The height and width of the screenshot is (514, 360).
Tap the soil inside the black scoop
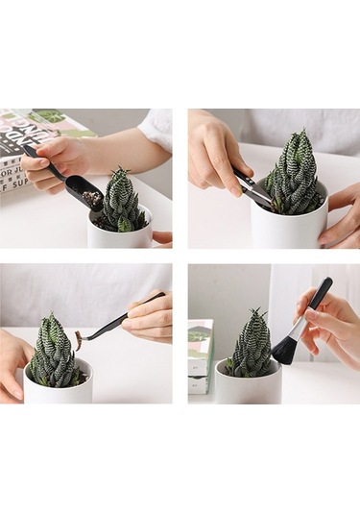click(92, 198)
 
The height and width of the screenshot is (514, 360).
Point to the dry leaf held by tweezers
click(78, 338)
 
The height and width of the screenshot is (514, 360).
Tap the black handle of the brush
click(318, 296)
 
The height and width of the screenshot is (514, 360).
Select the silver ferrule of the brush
click(299, 328)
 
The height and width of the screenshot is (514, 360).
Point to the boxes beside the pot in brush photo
click(200, 355)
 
